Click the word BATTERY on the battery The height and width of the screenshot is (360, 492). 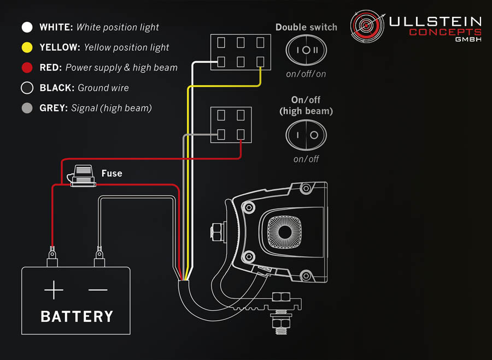77,316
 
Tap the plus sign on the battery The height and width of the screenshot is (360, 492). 54,290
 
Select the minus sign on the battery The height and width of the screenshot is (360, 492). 98,290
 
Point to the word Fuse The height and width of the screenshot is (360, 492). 112,173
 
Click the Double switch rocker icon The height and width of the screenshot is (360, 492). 306,50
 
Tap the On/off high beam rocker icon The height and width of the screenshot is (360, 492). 306,134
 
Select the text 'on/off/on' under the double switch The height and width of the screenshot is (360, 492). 306,74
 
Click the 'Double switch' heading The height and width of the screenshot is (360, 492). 306,27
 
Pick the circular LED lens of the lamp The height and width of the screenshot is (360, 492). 285,232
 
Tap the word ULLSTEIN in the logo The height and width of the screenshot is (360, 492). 435,22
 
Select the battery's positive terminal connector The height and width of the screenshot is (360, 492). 52,254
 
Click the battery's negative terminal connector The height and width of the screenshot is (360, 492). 99,254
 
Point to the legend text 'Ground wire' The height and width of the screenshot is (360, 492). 103,88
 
